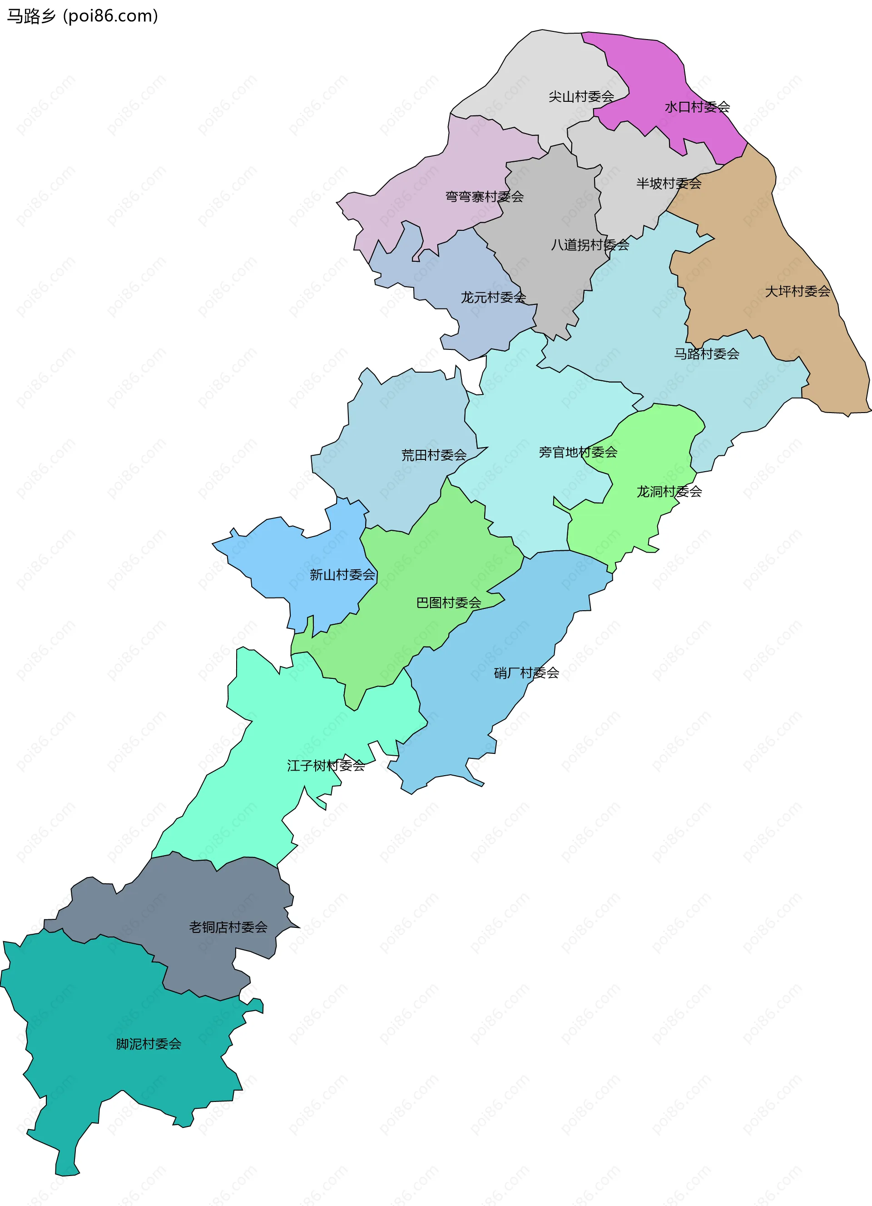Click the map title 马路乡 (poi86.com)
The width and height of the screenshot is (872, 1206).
(82, 16)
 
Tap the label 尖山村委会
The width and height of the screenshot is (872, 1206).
(581, 97)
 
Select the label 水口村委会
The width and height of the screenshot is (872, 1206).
(697, 107)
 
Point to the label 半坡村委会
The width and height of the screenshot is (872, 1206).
(669, 184)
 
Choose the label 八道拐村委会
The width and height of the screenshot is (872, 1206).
(590, 245)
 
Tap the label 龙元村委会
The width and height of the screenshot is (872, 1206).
(493, 298)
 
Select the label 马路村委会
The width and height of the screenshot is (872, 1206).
(707, 354)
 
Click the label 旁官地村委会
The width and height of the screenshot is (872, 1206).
(578, 453)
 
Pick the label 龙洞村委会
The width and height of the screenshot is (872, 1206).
(669, 492)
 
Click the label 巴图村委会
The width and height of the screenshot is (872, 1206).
(448, 603)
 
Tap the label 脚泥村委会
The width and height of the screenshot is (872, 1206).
(149, 1044)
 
